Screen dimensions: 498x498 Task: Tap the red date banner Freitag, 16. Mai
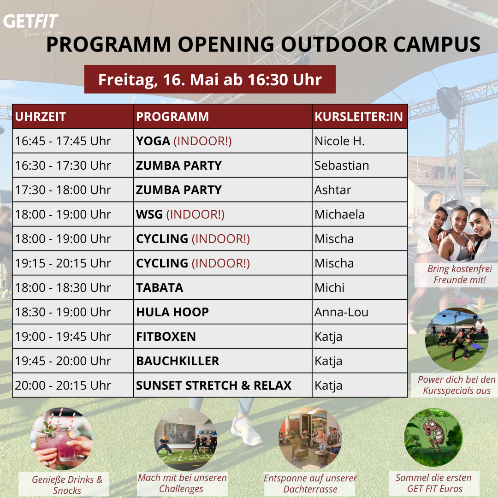[x=210, y=79]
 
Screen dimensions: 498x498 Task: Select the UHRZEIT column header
[x=40, y=117]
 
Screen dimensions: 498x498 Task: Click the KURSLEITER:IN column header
[x=359, y=117]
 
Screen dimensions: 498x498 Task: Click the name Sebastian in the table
[x=342, y=166]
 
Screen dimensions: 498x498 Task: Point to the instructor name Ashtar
[x=332, y=190]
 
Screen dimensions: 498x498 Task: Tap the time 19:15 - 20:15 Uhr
[x=63, y=263]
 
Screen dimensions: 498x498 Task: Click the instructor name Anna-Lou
[x=341, y=312]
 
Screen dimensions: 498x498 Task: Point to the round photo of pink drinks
[x=62, y=439]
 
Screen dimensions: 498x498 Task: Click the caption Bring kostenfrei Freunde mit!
[x=460, y=274]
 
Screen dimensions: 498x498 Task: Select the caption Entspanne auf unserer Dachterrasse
[x=310, y=483]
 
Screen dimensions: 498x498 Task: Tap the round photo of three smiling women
[x=460, y=231]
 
